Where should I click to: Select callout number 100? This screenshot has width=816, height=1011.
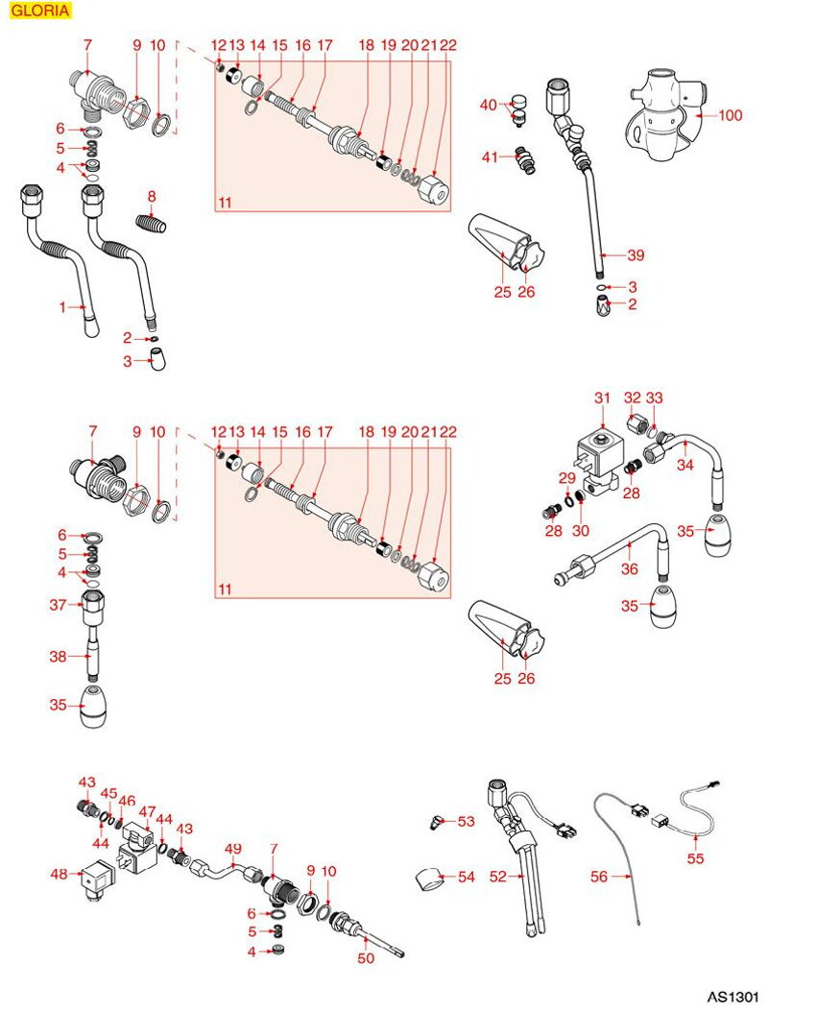tap(731, 115)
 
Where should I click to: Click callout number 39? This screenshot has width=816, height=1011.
tap(636, 255)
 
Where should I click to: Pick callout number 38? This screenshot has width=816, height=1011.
tap(58, 658)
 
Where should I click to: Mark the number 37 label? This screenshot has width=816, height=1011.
tap(58, 604)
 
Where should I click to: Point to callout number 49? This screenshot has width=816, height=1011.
tap(231, 848)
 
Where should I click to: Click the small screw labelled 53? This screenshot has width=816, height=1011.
tap(436, 821)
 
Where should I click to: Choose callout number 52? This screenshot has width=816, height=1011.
tap(498, 876)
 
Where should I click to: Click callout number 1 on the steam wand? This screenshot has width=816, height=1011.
tap(63, 307)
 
